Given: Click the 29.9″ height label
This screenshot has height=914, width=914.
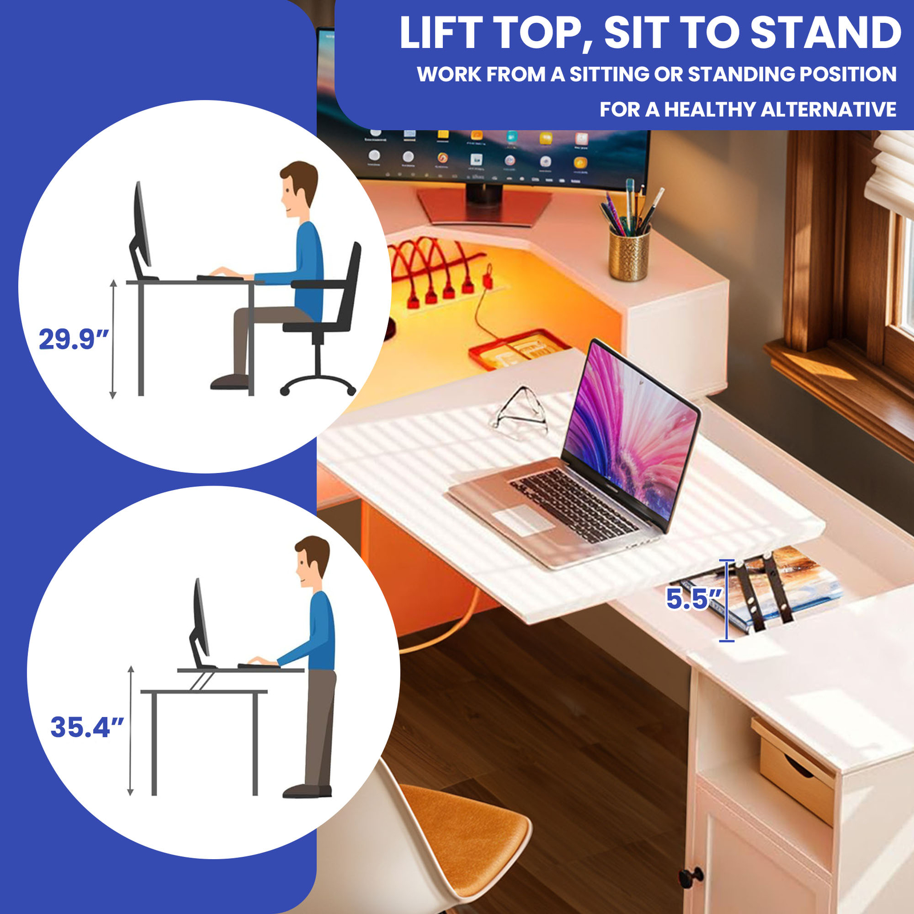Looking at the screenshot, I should coord(73,339).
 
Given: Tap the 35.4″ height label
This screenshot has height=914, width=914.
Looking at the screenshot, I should coord(87,727).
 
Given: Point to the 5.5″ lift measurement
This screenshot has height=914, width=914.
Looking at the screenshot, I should coord(693,599).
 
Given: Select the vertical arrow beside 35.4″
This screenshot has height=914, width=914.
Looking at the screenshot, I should coord(131,731).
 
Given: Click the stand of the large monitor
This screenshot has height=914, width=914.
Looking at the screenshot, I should coord(484,203).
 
